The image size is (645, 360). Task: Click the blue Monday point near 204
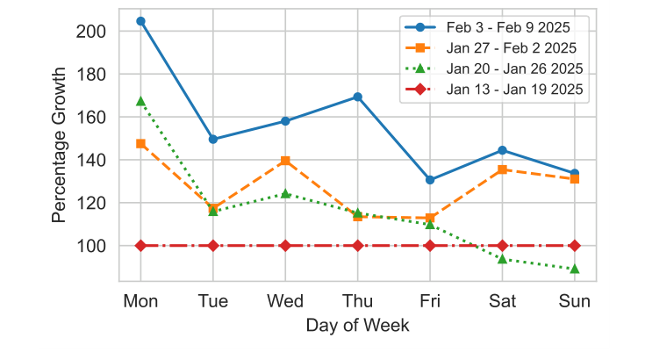click(x=140, y=21)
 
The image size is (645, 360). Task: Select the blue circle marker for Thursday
click(x=357, y=97)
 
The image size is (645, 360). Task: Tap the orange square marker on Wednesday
click(x=285, y=161)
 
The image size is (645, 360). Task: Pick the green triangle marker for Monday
click(x=140, y=101)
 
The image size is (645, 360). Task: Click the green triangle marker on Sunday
click(x=574, y=269)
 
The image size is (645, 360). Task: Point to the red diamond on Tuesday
click(x=213, y=246)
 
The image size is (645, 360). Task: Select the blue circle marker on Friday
click(x=430, y=180)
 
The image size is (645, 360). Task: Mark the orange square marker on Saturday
click(x=502, y=169)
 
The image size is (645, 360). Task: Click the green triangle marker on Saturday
click(x=502, y=259)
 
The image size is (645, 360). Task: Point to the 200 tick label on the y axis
click(x=92, y=31)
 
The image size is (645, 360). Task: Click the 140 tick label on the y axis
click(x=92, y=160)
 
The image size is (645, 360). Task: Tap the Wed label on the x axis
click(x=285, y=302)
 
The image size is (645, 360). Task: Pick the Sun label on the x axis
click(x=574, y=302)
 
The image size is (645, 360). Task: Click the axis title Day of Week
click(x=357, y=326)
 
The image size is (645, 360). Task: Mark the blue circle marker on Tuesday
click(x=213, y=139)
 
